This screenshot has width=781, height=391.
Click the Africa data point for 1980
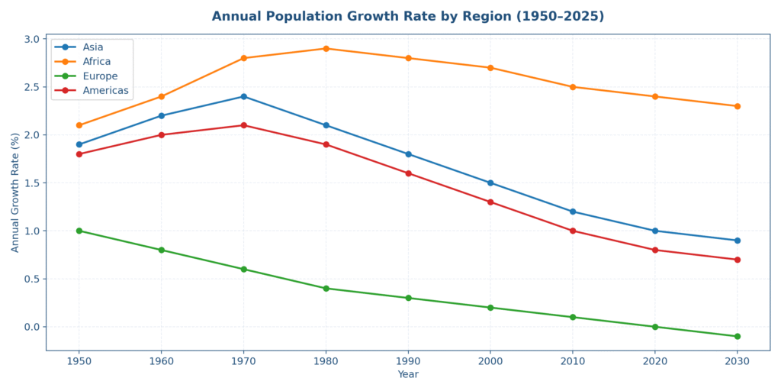[x=326, y=49]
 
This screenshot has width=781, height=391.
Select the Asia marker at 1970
[x=243, y=96]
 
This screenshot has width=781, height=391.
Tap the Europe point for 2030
[x=737, y=336]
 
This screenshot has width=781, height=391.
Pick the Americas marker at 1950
[x=79, y=154]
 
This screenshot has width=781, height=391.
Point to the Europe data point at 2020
[x=654, y=327]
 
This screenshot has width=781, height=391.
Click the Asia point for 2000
[x=490, y=183]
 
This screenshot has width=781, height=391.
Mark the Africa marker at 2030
[x=737, y=106]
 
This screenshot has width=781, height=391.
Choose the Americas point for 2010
[x=573, y=231]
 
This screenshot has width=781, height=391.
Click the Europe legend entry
[x=100, y=76]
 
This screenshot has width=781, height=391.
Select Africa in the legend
[x=97, y=62]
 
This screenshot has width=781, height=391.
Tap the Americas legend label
[x=105, y=91]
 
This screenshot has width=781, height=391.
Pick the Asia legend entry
[x=93, y=47]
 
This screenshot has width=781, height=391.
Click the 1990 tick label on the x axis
[x=408, y=360]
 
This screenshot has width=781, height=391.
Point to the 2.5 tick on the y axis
[x=31, y=87]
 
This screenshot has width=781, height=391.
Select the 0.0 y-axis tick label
[x=31, y=327]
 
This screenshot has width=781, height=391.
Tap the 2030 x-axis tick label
[x=737, y=360]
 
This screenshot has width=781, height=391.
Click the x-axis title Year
[x=408, y=375]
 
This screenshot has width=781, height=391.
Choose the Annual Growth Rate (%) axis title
[x=15, y=192]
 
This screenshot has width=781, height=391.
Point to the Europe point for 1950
[x=79, y=231]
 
